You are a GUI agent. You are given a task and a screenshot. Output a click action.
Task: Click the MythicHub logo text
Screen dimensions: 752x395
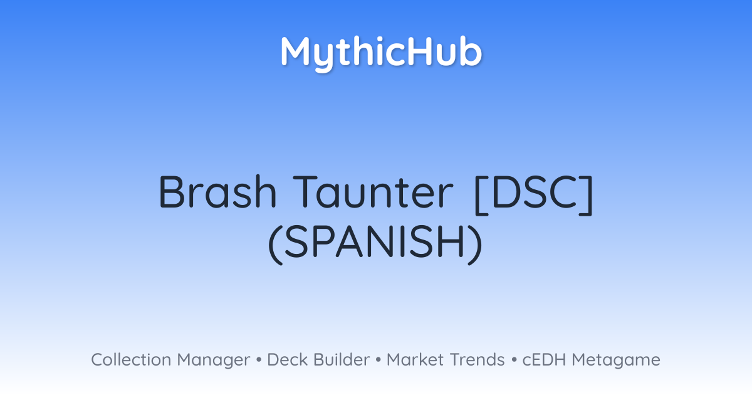tap(381, 53)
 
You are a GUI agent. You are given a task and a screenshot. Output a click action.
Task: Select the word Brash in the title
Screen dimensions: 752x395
tap(217, 192)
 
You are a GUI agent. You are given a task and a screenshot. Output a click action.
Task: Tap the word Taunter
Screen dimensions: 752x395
tap(373, 192)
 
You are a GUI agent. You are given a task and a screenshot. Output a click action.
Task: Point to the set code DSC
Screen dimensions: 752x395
tap(534, 192)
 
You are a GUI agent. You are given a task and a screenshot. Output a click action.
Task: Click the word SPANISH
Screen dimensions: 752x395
tap(375, 241)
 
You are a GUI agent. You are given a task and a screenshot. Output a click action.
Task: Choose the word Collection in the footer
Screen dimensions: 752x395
tap(131, 359)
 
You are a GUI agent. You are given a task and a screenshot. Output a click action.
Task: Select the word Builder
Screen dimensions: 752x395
tap(342, 359)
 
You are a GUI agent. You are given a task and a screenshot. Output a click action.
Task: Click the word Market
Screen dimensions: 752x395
tap(415, 359)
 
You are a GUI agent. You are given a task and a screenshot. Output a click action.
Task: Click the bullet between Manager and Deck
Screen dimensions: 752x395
tap(259, 360)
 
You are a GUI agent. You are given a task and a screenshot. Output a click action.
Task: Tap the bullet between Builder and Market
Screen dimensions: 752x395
tap(379, 360)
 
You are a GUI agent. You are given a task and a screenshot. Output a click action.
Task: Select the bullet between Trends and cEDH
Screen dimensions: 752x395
tap(514, 360)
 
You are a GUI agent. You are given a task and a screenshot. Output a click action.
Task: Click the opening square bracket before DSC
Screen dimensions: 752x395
tap(481, 195)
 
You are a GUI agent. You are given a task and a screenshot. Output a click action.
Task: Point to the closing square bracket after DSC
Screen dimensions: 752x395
tap(587, 195)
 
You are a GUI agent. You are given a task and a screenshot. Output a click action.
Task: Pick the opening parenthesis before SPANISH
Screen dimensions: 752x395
tap(275, 245)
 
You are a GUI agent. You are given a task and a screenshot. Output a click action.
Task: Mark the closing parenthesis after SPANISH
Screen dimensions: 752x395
tap(476, 245)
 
